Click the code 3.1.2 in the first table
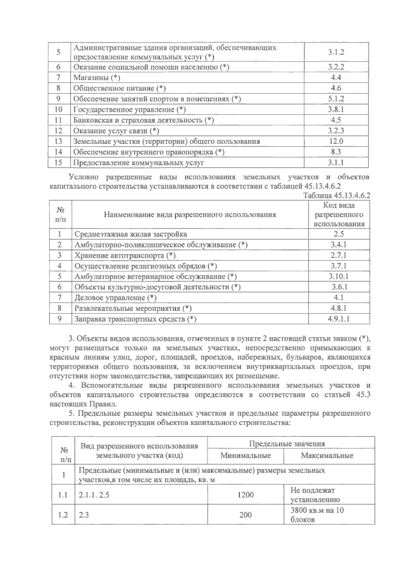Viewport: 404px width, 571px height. tap(336, 52)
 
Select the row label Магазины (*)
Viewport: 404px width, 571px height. tap(97, 78)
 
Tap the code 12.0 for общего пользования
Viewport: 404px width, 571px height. tap(336, 141)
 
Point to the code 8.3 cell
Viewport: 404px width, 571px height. tap(336, 152)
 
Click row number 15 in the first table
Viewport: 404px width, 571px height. tap(58, 163)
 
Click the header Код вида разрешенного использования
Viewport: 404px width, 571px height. tap(339, 215)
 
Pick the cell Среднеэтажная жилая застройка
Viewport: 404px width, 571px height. tap(131, 234)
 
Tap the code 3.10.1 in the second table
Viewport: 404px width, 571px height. tap(339, 276)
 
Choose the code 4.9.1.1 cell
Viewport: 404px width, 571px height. tap(339, 319)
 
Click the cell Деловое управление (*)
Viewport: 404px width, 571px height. tap(115, 298)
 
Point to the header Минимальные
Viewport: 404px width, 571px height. tap(245, 456)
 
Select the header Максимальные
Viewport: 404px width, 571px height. tap(327, 456)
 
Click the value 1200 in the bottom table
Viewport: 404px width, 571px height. tap(245, 495)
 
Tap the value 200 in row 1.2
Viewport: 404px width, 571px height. tap(245, 515)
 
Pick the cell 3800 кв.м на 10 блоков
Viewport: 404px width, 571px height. tap(317, 515)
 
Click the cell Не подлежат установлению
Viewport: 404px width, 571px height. tap(315, 495)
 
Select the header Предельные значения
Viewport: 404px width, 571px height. tap(287, 444)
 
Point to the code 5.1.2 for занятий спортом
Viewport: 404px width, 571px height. tap(336, 99)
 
